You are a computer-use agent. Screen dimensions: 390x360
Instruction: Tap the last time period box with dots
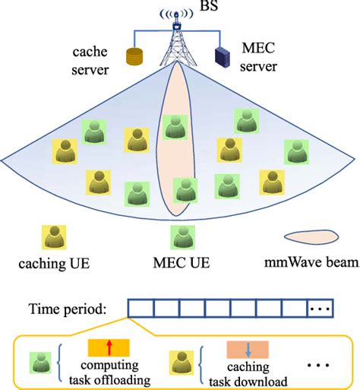[x=321, y=309]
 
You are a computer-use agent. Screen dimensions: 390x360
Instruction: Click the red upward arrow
[x=109, y=347]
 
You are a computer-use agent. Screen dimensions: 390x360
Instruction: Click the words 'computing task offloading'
[x=108, y=372]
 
